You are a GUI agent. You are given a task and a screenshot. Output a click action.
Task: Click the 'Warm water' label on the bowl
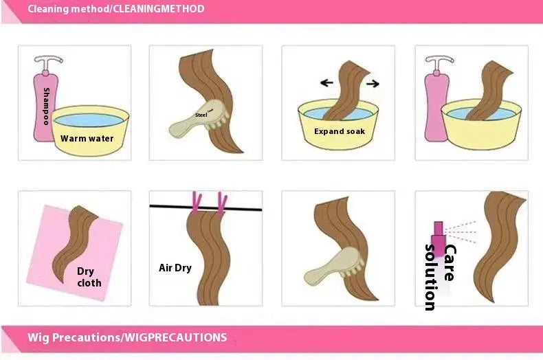(x=87, y=139)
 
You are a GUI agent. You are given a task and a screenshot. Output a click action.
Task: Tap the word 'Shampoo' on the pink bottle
(x=46, y=106)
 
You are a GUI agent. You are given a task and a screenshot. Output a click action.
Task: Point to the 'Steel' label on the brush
(x=201, y=115)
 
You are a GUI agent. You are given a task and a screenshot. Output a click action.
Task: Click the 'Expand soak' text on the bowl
(x=340, y=131)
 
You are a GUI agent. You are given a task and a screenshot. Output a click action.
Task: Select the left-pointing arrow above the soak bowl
(x=326, y=82)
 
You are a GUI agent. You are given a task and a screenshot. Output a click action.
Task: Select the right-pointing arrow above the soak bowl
(x=373, y=83)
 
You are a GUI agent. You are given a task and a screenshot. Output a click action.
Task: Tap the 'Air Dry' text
(x=175, y=267)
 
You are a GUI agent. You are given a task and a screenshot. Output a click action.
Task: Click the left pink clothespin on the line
(x=197, y=202)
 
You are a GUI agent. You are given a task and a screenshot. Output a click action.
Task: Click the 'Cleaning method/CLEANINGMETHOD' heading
(x=116, y=9)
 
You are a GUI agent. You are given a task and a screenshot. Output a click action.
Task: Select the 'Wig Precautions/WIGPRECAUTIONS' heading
(x=127, y=337)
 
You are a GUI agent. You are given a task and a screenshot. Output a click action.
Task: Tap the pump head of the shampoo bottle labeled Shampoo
(x=48, y=63)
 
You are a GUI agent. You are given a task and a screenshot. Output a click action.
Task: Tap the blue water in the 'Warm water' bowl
(x=89, y=120)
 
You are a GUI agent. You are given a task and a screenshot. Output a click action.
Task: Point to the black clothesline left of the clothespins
(x=170, y=207)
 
